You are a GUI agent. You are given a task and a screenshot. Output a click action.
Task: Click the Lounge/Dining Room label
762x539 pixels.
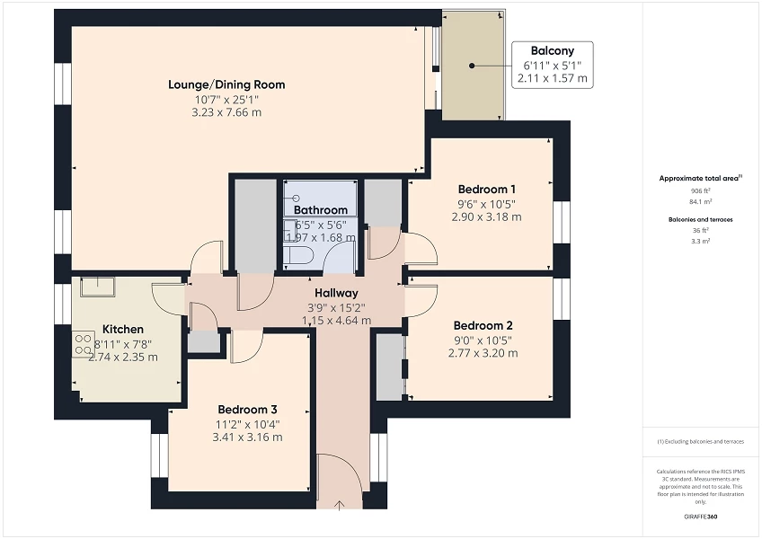pyautogui.click(x=226, y=84)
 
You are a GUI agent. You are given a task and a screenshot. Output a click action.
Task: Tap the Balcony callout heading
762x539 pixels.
pyautogui.click(x=552, y=51)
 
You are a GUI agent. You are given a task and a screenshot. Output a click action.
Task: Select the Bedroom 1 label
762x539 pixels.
pyautogui.click(x=486, y=190)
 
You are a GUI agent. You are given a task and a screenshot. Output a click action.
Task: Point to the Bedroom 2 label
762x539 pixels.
pyautogui.click(x=483, y=325)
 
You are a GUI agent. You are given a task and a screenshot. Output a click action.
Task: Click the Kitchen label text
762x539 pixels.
pyautogui.click(x=123, y=329)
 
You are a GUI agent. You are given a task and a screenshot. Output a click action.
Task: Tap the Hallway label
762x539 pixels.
pyautogui.click(x=336, y=293)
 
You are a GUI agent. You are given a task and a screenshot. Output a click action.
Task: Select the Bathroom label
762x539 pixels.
pyautogui.click(x=321, y=210)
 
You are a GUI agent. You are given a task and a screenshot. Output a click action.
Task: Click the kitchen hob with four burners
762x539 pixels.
pyautogui.click(x=84, y=342)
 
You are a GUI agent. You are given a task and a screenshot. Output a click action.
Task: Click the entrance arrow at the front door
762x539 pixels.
pyautogui.click(x=339, y=506)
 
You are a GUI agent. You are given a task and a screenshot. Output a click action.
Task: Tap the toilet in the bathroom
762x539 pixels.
pyautogui.click(x=297, y=255)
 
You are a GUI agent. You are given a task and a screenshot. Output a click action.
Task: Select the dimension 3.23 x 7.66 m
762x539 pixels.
pyautogui.click(x=226, y=113)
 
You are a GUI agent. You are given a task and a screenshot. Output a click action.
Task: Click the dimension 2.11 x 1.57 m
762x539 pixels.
pyautogui.click(x=552, y=79)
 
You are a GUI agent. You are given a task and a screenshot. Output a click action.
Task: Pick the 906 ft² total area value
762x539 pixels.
pyautogui.click(x=700, y=191)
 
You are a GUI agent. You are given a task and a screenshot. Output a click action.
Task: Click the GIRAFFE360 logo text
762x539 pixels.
pyautogui.click(x=701, y=517)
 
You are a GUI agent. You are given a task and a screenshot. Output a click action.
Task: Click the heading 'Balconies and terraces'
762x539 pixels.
pyautogui.click(x=701, y=219)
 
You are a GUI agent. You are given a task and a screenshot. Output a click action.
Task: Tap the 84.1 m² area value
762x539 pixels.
pyautogui.click(x=700, y=201)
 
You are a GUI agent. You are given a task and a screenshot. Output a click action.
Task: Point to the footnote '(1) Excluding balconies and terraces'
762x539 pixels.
pyautogui.click(x=701, y=441)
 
